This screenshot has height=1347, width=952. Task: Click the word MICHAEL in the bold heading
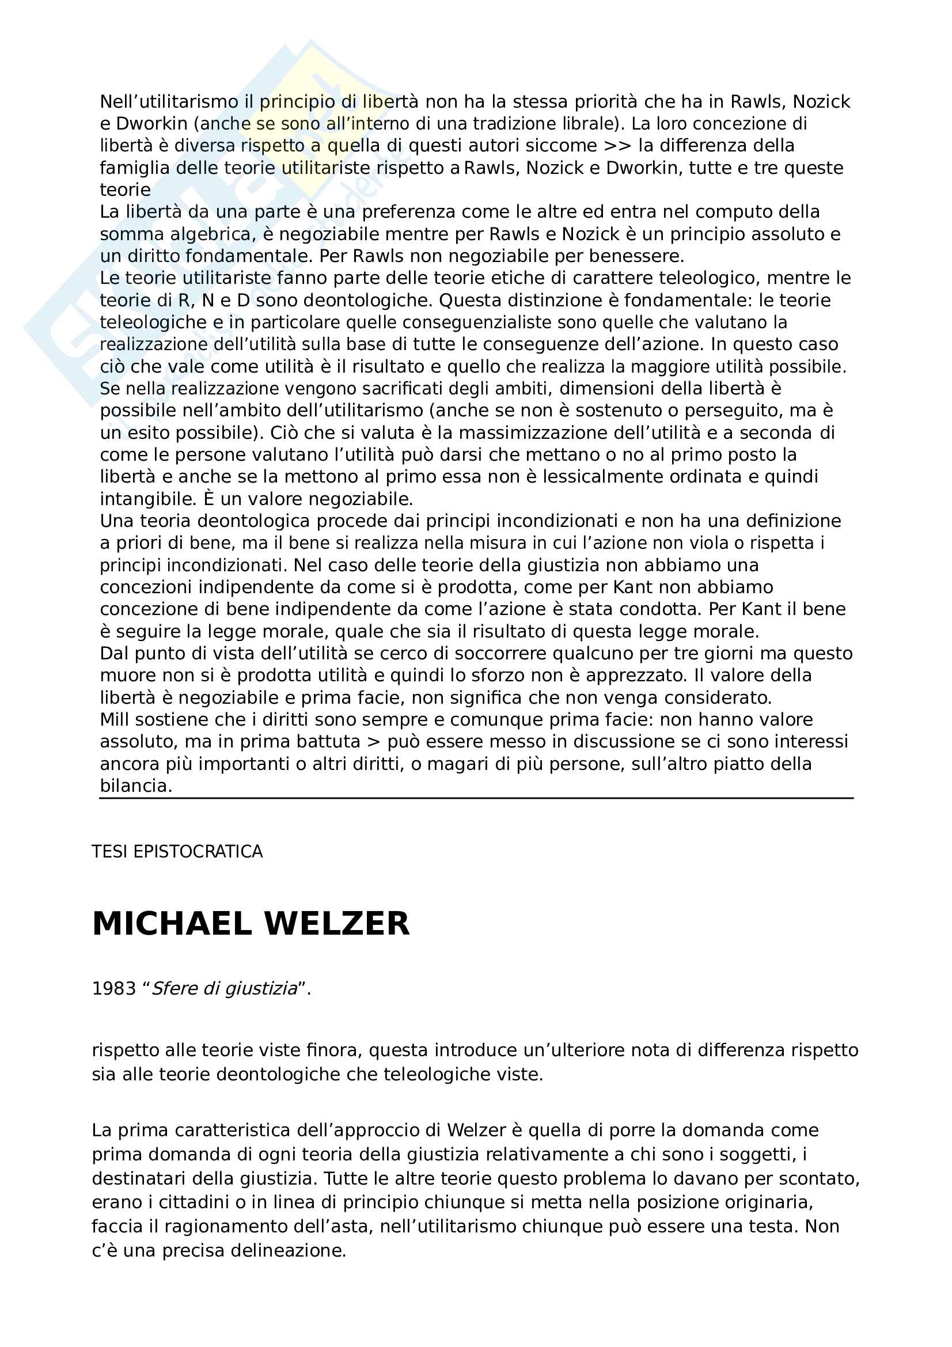click(x=172, y=924)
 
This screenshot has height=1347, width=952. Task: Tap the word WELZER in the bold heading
click(x=337, y=924)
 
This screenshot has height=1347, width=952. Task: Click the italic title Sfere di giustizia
click(x=225, y=989)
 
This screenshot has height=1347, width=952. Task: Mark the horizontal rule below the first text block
click(x=476, y=798)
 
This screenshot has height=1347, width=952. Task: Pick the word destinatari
click(x=145, y=1178)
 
